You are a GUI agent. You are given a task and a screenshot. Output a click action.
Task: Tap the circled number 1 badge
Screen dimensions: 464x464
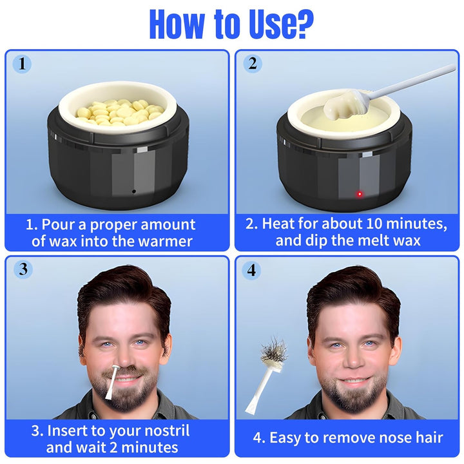point(22,64)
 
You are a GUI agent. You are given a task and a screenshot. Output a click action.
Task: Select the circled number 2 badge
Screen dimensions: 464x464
point(252,63)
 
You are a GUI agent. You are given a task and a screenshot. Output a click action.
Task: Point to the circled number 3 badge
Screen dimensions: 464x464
point(23,269)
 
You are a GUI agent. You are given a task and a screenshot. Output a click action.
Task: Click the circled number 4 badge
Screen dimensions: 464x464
point(251,270)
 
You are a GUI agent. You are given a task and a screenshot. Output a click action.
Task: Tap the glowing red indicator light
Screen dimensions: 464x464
point(360,194)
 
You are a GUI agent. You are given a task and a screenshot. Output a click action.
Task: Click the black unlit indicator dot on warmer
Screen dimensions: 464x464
point(134,191)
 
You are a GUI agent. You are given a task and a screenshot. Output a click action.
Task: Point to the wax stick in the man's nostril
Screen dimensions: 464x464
point(113,382)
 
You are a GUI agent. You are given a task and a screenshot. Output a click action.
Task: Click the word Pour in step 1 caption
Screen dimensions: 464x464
point(58,225)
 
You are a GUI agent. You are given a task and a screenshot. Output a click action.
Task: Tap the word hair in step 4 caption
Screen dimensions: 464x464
point(428,438)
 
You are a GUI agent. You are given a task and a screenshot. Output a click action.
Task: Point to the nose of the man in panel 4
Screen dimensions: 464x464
point(354,359)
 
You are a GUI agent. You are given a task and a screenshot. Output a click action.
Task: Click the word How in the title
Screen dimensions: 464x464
point(177,24)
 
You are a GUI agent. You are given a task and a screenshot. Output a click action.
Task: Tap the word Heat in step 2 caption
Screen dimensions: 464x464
point(278,224)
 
